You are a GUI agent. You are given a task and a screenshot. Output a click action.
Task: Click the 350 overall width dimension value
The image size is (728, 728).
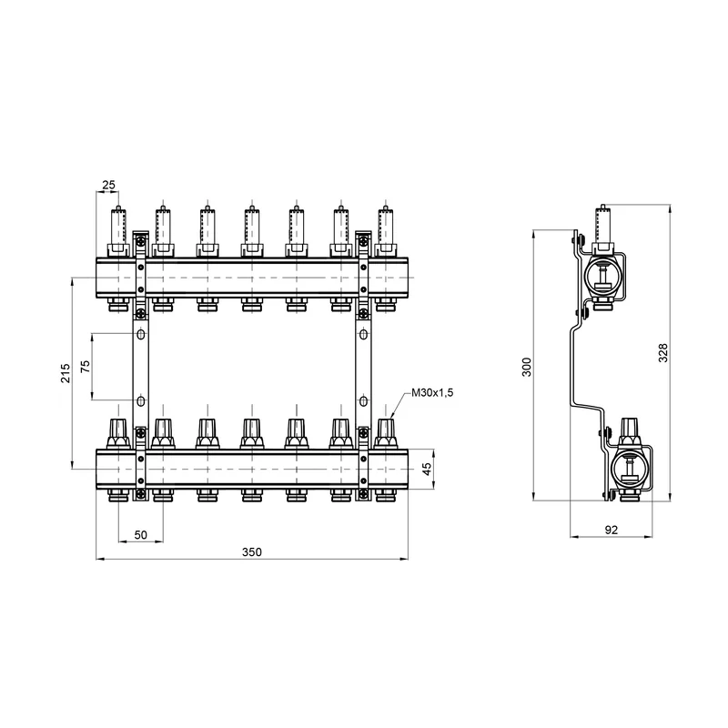pyautogui.click(x=252, y=551)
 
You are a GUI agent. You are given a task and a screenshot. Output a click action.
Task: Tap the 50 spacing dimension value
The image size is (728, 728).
pyautogui.click(x=140, y=534)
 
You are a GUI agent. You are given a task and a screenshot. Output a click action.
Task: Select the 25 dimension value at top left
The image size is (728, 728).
pyautogui.click(x=108, y=185)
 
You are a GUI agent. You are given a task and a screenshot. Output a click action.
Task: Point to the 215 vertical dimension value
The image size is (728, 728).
pyautogui.click(x=66, y=373)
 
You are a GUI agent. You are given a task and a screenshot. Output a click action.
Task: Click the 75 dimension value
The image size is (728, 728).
pyautogui.click(x=86, y=367)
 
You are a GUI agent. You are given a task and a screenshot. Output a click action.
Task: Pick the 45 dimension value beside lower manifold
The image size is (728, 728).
pyautogui.click(x=427, y=469)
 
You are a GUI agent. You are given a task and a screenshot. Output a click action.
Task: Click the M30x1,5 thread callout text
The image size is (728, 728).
pyautogui.click(x=432, y=393)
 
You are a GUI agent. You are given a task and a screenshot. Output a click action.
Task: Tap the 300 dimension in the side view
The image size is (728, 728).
pyautogui.click(x=527, y=367)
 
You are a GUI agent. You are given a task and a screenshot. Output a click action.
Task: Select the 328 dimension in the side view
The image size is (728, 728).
pyautogui.click(x=663, y=353)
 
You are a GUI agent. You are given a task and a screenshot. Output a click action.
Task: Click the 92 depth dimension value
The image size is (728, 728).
pyautogui.click(x=612, y=530)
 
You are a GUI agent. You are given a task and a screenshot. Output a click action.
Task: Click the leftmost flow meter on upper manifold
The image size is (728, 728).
pyautogui.click(x=118, y=231)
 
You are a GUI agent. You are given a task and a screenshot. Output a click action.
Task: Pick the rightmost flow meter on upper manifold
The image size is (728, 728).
pyautogui.click(x=385, y=231)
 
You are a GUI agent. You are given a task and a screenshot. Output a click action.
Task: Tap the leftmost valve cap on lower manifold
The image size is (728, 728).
pyautogui.click(x=118, y=434)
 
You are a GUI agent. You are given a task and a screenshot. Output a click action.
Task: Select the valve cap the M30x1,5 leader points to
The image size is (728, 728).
pyautogui.click(x=385, y=434)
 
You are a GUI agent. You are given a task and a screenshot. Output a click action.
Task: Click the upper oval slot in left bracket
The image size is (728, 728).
pyautogui.click(x=140, y=334)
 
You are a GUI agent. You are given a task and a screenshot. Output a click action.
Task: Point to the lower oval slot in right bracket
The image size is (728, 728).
pyautogui.click(x=363, y=400)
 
